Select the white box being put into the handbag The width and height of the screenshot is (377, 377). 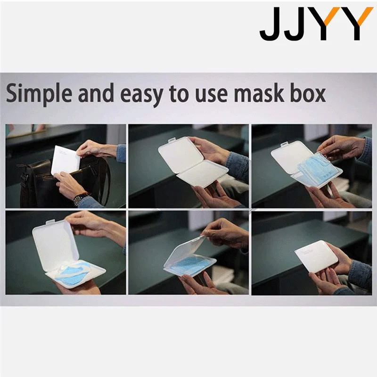tap(66, 160)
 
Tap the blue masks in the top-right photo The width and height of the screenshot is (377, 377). tap(316, 172)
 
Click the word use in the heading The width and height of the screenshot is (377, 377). tap(207, 94)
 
